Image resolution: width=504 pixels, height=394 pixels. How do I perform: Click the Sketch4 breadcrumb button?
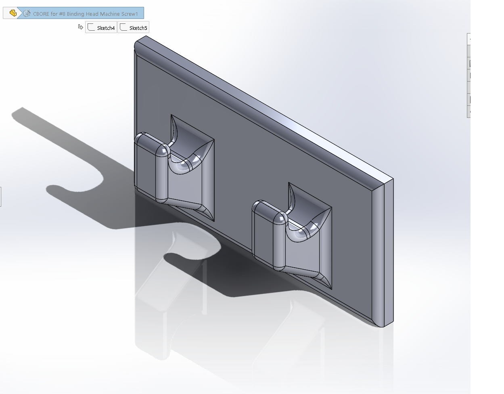click(101, 27)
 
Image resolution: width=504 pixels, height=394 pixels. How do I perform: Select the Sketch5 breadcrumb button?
click(133, 27)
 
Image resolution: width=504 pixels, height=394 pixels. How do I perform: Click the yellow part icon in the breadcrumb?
click(13, 13)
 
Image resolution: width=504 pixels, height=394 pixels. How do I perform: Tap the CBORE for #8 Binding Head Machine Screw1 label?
click(86, 14)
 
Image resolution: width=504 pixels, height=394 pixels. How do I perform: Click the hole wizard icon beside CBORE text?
click(27, 13)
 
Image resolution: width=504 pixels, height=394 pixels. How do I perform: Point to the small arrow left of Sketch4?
click(80, 27)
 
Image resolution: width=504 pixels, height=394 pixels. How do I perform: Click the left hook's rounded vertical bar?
click(162, 174)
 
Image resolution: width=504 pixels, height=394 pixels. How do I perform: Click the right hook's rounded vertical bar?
click(279, 243)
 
